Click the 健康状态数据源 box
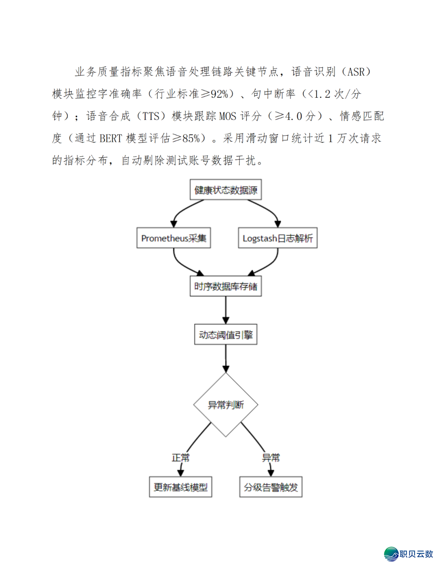tap(226, 190)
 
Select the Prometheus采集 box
tap(174, 238)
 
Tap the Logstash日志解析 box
tap(278, 238)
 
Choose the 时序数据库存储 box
tap(226, 286)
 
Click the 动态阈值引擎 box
tap(226, 335)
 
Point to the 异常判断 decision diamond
tap(226, 405)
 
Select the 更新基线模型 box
tap(180, 487)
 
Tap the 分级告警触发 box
tap(271, 487)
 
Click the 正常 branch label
tap(180, 458)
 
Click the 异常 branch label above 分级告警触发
tap(271, 458)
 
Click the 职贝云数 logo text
tap(416, 554)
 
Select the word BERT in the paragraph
tap(110, 138)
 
